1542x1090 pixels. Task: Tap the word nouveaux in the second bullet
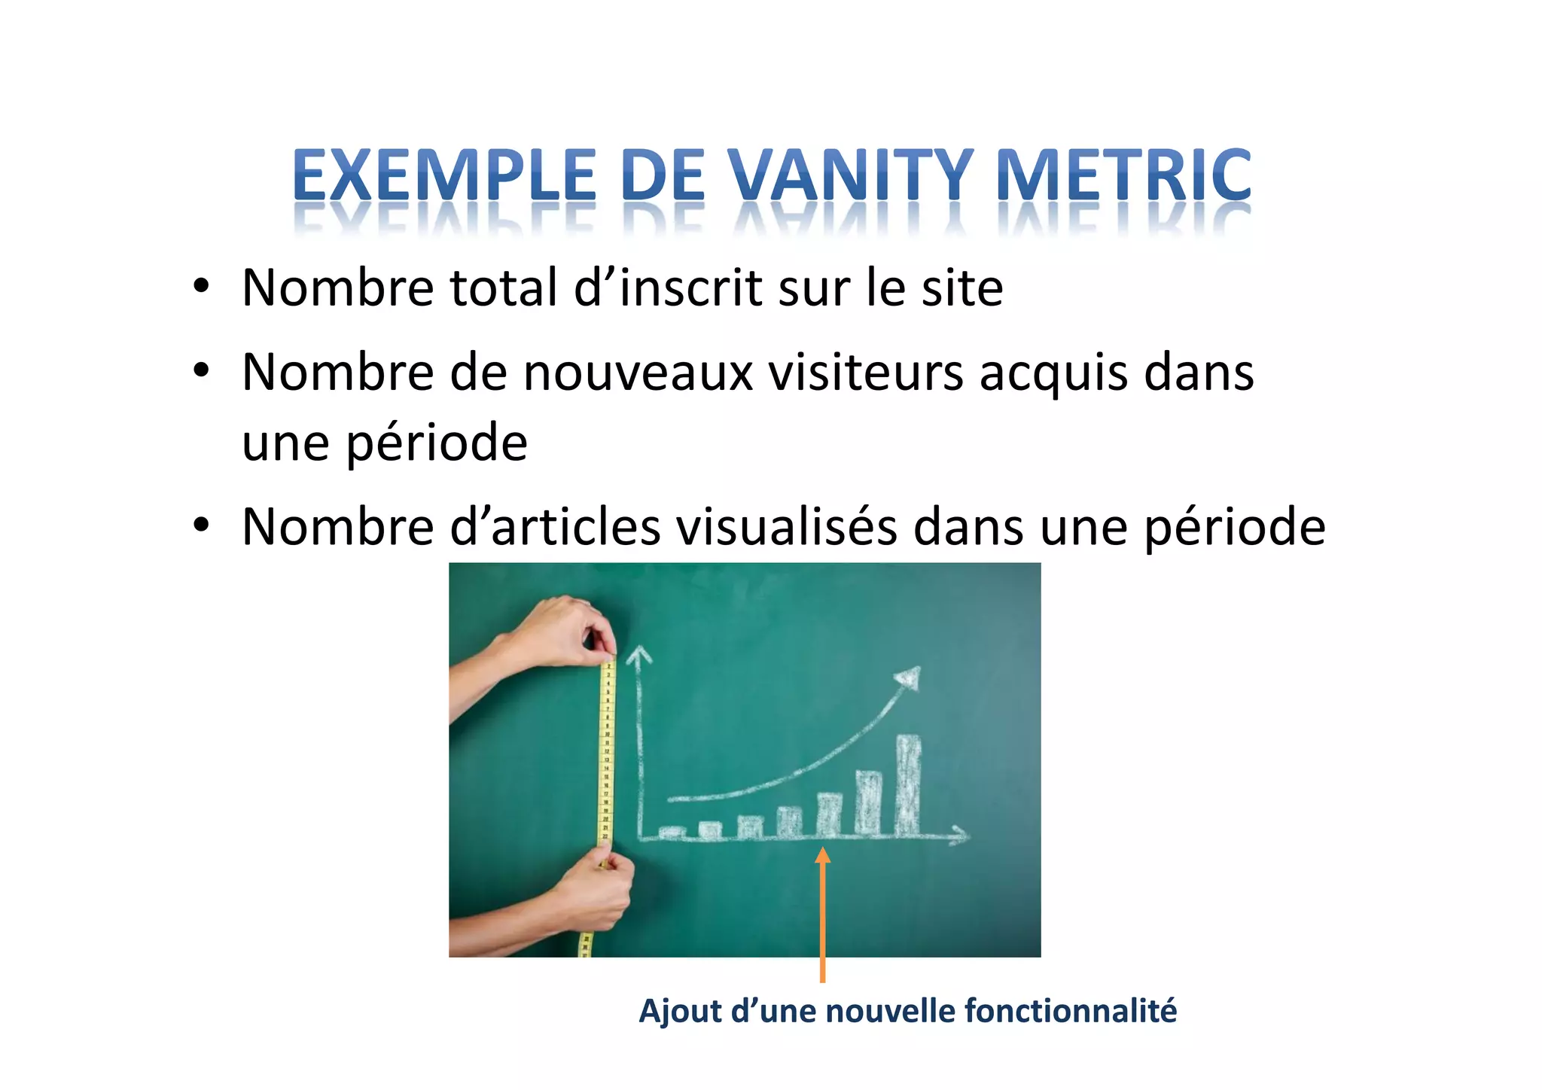point(638,373)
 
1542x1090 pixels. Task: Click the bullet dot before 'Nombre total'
point(200,288)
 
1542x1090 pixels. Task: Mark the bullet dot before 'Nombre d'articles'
point(200,526)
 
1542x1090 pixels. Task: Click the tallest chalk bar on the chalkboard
point(909,784)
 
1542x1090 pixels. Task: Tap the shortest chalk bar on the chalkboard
point(672,832)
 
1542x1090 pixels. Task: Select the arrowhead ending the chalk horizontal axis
point(960,834)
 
